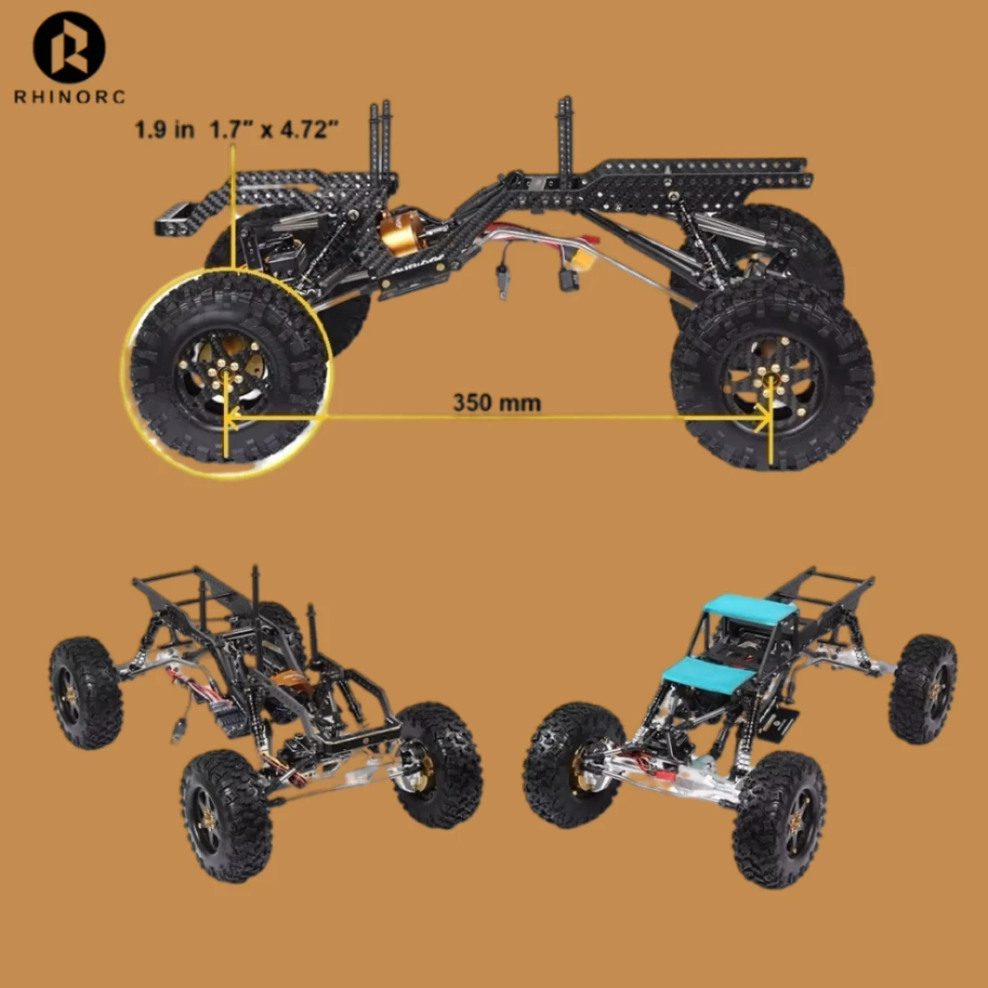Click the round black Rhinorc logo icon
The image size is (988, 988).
click(69, 47)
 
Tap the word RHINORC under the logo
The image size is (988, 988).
click(70, 97)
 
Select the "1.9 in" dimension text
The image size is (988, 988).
click(165, 129)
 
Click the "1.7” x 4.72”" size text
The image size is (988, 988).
click(274, 129)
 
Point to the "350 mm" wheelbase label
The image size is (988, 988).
click(496, 403)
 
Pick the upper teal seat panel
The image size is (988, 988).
click(749, 610)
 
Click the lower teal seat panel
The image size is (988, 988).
click(710, 676)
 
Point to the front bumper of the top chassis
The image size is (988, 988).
click(177, 220)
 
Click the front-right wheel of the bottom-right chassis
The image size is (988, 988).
click(778, 819)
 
